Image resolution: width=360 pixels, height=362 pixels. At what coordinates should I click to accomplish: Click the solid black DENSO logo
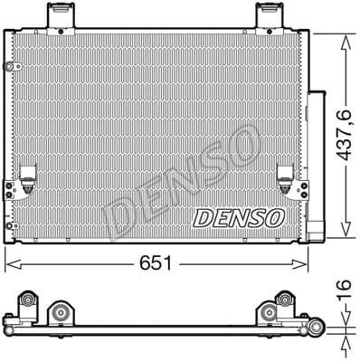239,218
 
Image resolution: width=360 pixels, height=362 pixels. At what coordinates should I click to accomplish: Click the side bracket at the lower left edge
10,192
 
